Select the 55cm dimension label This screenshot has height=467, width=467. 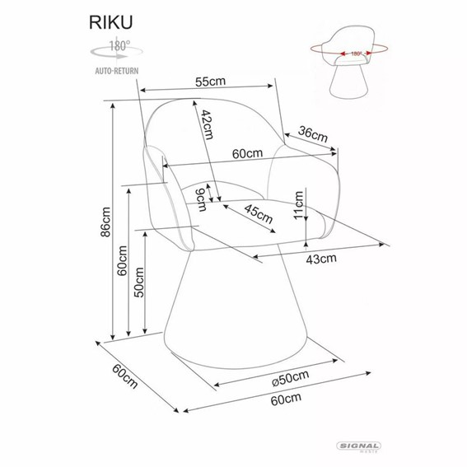211,83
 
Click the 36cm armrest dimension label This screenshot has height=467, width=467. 313,133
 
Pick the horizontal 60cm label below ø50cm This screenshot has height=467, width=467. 285,398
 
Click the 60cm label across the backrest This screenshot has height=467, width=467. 246,153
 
